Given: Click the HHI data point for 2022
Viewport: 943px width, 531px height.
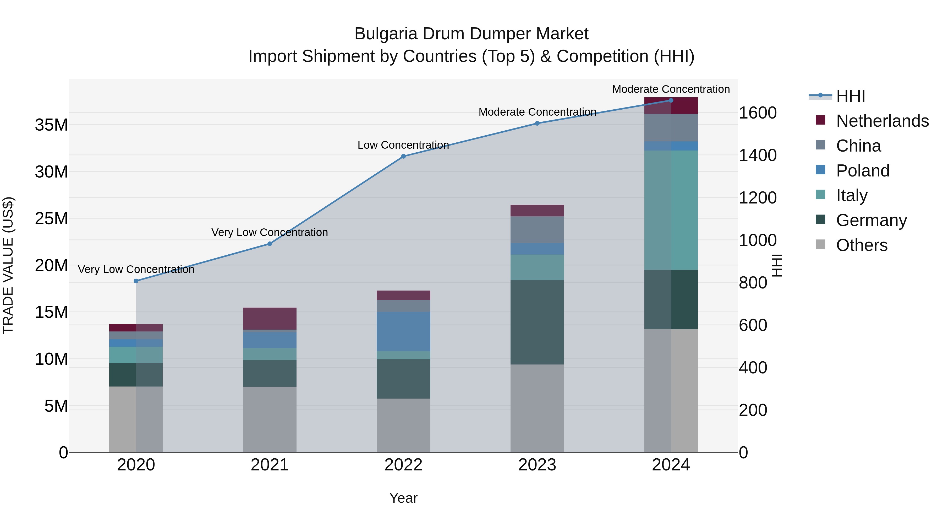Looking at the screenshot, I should tap(403, 157).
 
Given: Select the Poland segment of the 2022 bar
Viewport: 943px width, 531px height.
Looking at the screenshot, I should tap(403, 332).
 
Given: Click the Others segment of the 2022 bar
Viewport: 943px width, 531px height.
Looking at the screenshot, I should tap(403, 425).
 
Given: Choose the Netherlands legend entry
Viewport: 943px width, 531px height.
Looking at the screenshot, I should tap(882, 121).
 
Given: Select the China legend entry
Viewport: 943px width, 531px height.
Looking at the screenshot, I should tap(858, 146).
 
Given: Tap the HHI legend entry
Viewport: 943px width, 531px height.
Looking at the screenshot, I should tap(850, 96).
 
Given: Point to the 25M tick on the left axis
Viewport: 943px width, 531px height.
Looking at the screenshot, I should tap(52, 218).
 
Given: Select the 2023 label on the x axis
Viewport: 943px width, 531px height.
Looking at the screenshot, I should tap(537, 465).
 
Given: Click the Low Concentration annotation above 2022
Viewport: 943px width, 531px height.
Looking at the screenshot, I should tap(403, 145).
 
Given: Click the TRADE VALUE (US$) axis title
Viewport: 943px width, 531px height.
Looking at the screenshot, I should tap(8, 265).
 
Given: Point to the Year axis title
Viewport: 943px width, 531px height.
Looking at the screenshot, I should tap(403, 498).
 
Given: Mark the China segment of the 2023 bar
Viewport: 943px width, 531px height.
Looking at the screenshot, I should tap(537, 229).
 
